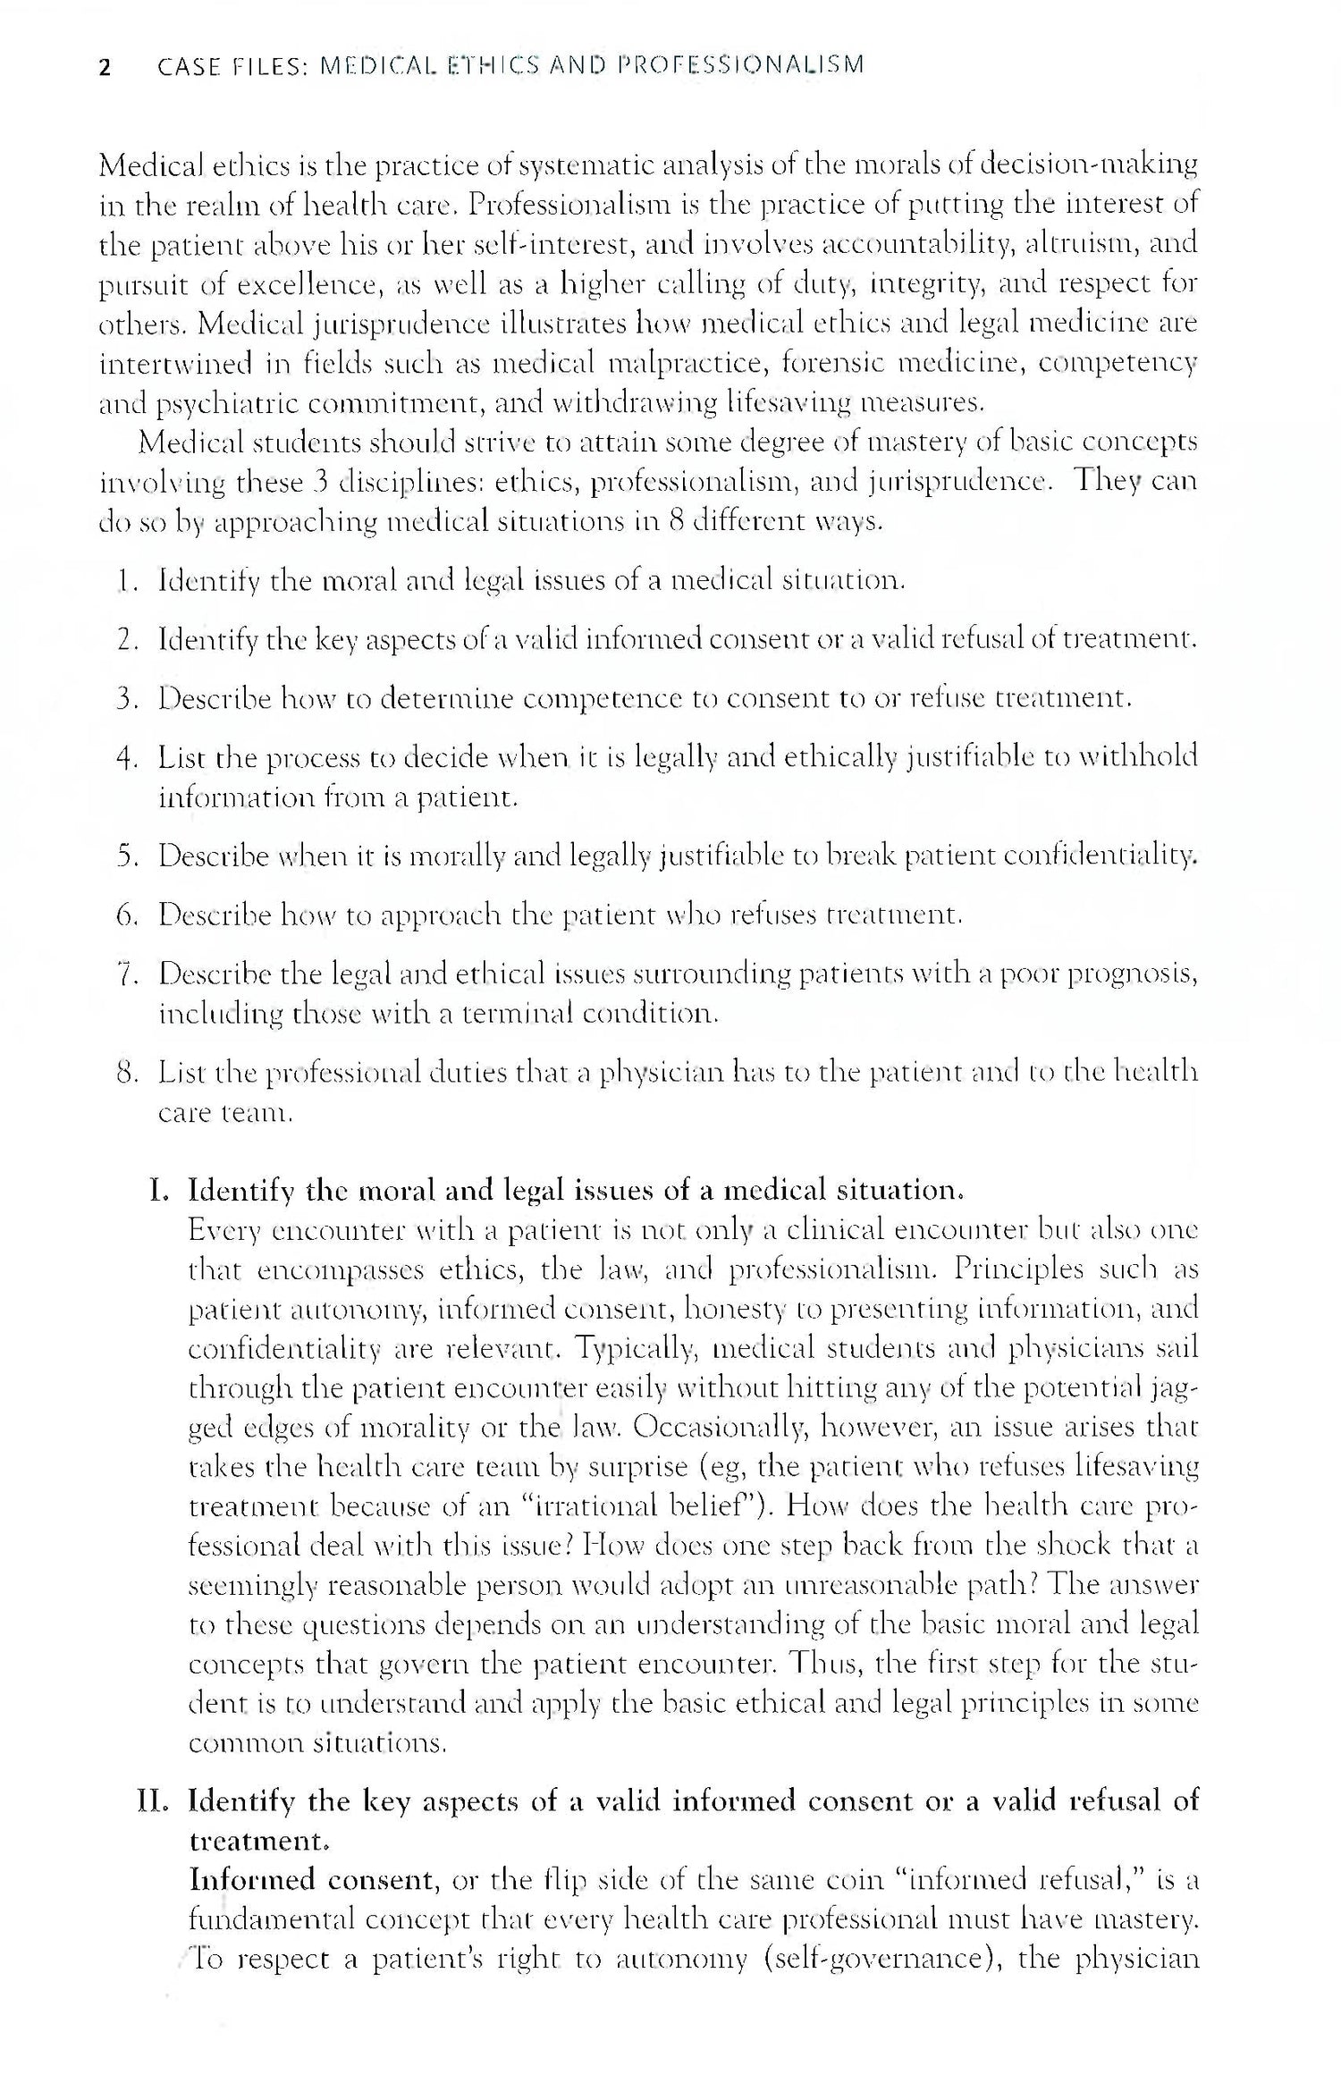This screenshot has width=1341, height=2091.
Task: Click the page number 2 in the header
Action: pyautogui.click(x=105, y=67)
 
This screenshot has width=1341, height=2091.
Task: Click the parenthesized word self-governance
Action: pyautogui.click(x=879, y=1960)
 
